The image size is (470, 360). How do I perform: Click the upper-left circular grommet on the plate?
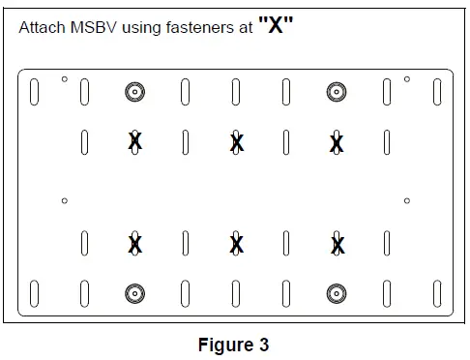pyautogui.click(x=134, y=92)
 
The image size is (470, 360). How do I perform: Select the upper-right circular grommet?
pyautogui.click(x=336, y=92)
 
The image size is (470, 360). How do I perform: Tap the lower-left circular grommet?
pyautogui.click(x=134, y=292)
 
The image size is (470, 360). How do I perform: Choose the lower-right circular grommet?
pyautogui.click(x=336, y=292)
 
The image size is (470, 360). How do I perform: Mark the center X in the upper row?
pyautogui.click(x=236, y=143)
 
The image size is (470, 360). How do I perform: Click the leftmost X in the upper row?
pyautogui.click(x=135, y=142)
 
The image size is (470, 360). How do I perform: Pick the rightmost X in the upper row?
pyautogui.click(x=337, y=143)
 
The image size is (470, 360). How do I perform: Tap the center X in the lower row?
pyautogui.click(x=236, y=244)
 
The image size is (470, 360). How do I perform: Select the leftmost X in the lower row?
pyautogui.click(x=135, y=244)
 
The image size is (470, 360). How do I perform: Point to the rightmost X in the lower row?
pyautogui.click(x=337, y=244)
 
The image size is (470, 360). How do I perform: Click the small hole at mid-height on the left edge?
pyautogui.click(x=64, y=200)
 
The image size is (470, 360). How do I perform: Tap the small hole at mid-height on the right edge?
pyautogui.click(x=407, y=200)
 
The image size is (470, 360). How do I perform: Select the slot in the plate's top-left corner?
pyautogui.click(x=35, y=92)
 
